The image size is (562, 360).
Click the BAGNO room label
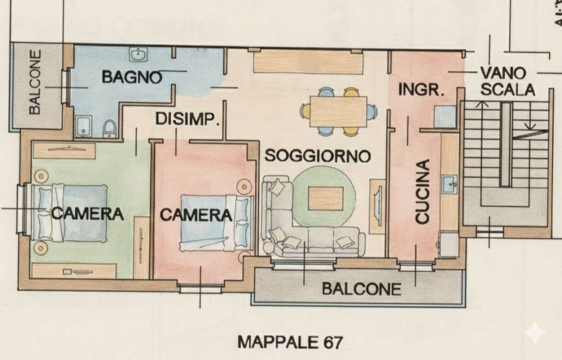(132, 77)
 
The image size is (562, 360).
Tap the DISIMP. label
(188, 119)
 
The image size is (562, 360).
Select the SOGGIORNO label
(318, 156)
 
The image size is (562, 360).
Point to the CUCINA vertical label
(422, 192)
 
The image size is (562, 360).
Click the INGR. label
(421, 89)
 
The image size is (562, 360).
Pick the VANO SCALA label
(508, 81)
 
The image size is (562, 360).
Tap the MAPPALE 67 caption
(290, 342)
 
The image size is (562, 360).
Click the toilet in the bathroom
(109, 129)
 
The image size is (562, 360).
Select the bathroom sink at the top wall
(138, 54)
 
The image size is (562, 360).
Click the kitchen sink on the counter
(449, 184)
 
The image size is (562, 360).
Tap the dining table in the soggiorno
(338, 111)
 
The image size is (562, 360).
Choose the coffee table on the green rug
(326, 198)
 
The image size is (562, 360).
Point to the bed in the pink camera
(216, 222)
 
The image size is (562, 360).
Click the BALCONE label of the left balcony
(35, 82)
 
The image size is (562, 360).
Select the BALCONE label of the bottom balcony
(361, 289)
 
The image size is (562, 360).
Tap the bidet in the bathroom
(83, 127)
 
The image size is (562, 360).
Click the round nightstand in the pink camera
(244, 187)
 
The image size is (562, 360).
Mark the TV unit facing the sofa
(378, 206)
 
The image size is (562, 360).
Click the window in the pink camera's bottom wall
(200, 288)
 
